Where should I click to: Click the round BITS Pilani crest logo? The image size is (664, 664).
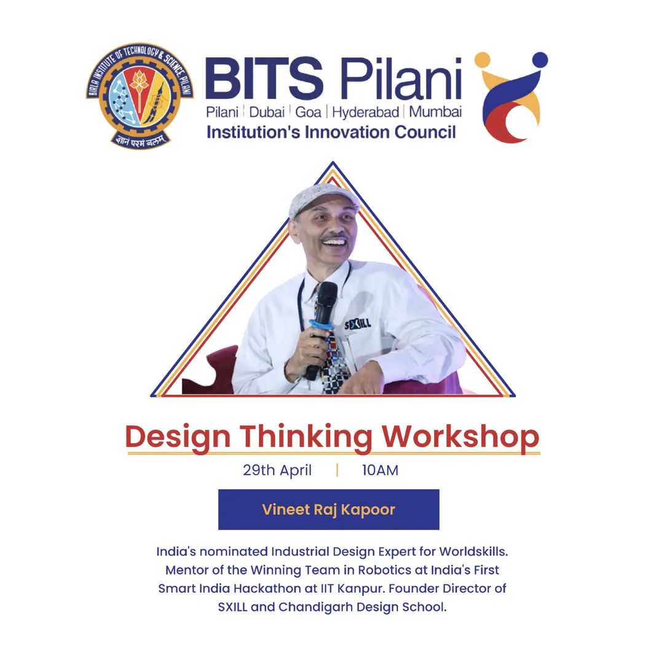(x=140, y=96)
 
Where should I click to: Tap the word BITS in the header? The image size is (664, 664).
(x=264, y=78)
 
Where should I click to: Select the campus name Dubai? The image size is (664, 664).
(x=267, y=113)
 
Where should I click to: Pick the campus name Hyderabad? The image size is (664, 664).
(x=365, y=113)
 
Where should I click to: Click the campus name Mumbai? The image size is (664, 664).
(x=435, y=112)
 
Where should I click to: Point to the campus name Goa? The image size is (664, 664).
(x=308, y=113)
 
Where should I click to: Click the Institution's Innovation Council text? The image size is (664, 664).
(x=331, y=132)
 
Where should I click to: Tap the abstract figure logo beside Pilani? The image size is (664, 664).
(x=511, y=97)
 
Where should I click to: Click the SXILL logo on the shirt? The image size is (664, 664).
(x=358, y=325)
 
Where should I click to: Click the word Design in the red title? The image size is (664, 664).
(x=178, y=438)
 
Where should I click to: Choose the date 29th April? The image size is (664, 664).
(x=277, y=470)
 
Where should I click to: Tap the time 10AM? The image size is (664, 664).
(x=380, y=470)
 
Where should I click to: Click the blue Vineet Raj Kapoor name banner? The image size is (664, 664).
(x=328, y=510)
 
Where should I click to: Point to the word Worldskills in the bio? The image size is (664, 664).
(x=473, y=551)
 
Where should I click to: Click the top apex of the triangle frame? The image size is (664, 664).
(x=333, y=162)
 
